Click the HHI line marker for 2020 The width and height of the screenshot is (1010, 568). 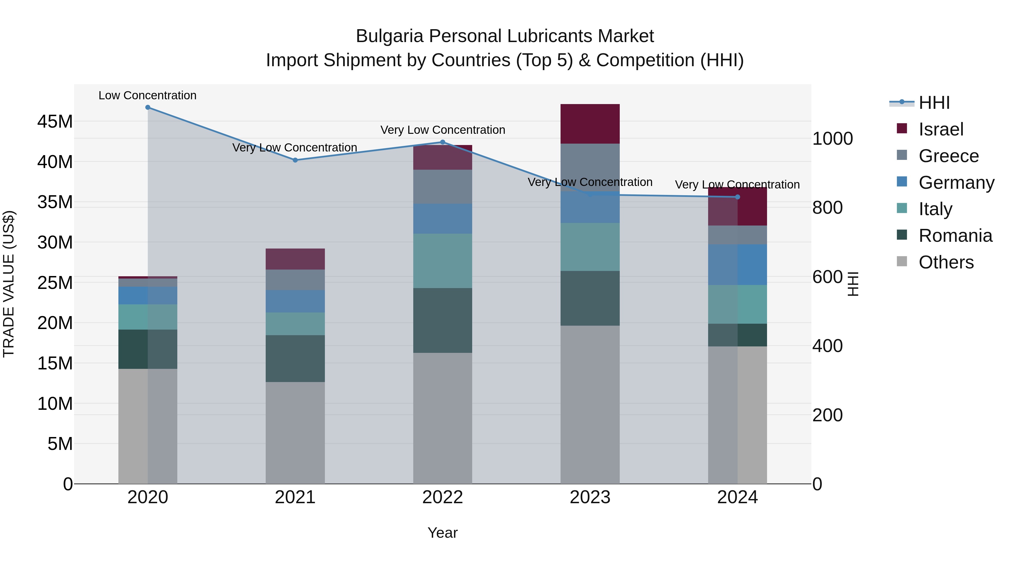click(148, 107)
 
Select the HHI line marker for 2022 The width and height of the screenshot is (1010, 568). click(443, 142)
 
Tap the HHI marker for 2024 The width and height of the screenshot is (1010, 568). click(738, 197)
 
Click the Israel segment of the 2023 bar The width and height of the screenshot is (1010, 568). click(590, 124)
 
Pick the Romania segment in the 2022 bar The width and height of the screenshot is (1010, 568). click(443, 320)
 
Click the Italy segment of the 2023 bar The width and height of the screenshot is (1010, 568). click(590, 247)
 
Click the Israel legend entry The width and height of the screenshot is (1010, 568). click(941, 129)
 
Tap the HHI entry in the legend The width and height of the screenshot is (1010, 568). click(934, 103)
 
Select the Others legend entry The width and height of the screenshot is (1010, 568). click(946, 262)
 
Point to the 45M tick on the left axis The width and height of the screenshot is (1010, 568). click(55, 121)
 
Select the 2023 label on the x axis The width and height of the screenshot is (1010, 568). click(590, 497)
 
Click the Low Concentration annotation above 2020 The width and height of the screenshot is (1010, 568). click(147, 95)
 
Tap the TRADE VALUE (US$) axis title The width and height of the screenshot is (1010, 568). click(9, 284)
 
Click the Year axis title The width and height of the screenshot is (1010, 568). click(443, 533)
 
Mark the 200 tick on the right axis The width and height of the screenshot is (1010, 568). click(827, 415)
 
